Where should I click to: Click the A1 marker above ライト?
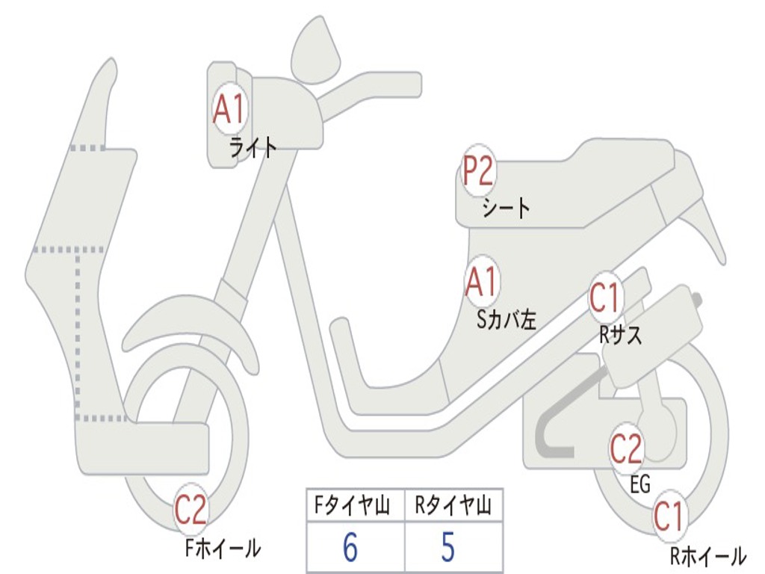(229, 110)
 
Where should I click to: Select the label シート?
(506, 207)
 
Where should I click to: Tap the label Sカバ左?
(507, 320)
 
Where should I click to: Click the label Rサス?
(620, 336)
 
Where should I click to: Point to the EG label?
(640, 485)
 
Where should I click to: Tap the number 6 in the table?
(350, 549)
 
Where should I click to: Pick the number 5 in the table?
(447, 549)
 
